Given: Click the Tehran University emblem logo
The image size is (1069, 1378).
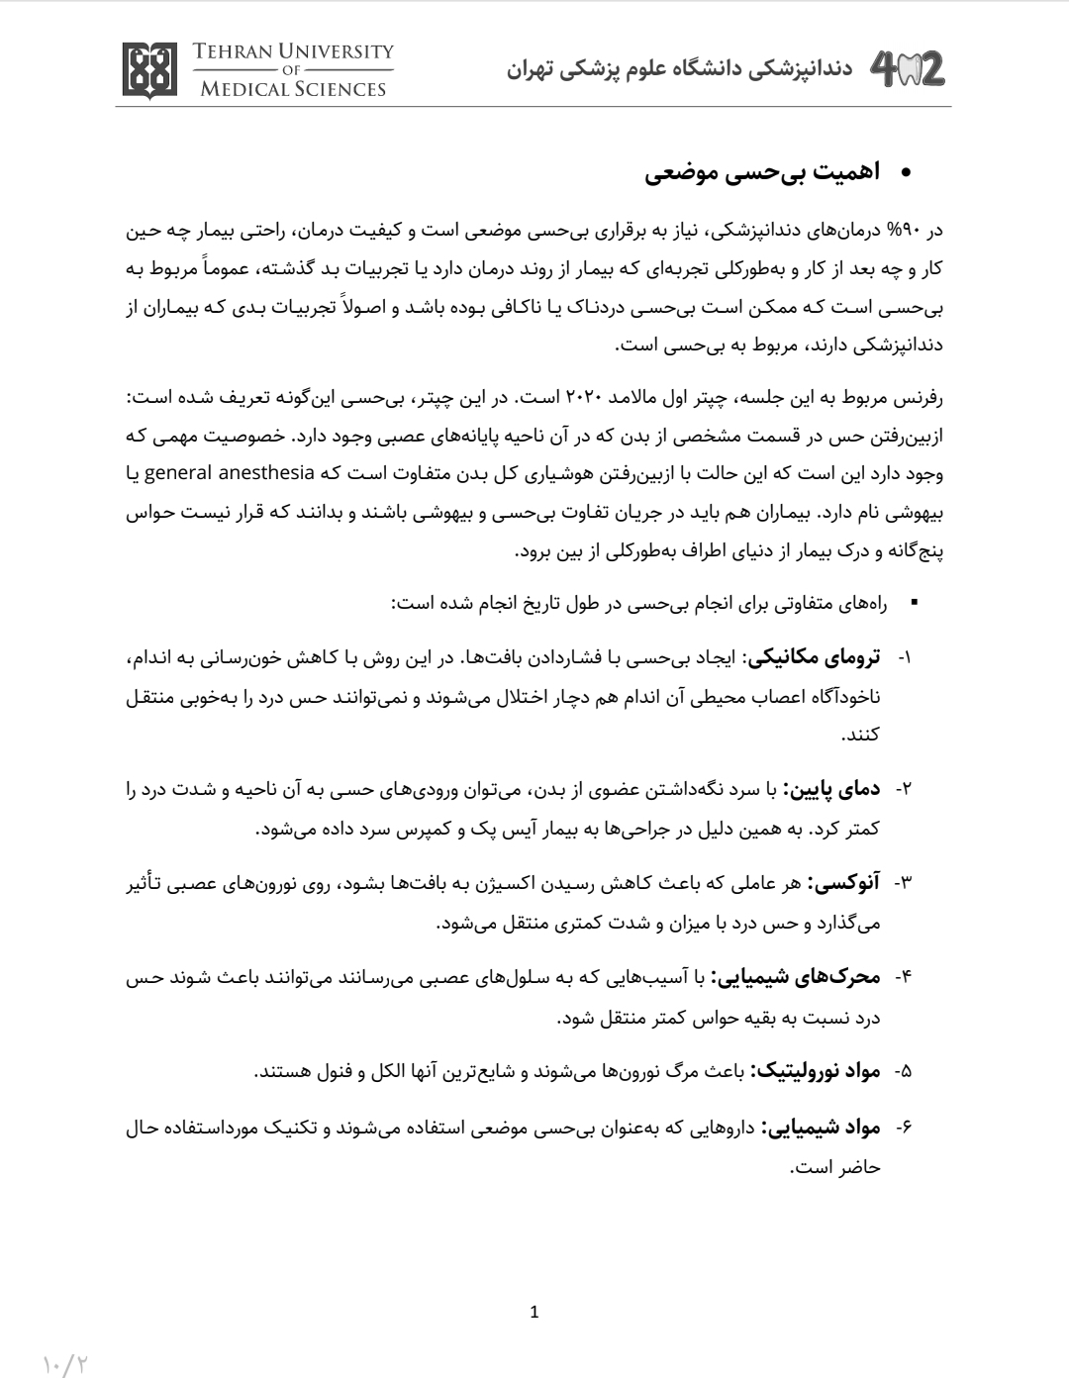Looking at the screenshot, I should [x=150, y=70].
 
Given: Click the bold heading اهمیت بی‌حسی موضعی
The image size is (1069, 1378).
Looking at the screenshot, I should [x=762, y=173].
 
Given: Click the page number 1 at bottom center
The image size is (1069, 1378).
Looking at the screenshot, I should [x=534, y=1313].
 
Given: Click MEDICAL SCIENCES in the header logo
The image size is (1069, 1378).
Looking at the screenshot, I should [x=293, y=89].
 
